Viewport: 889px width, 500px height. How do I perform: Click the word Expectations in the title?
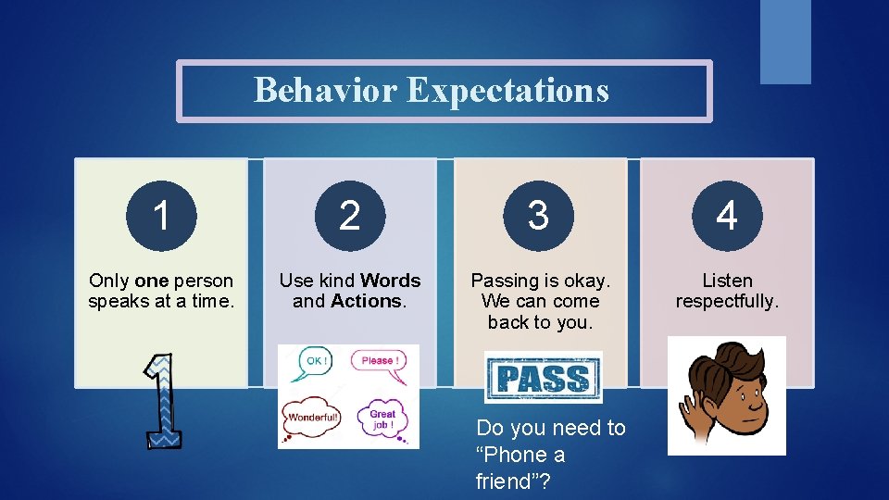click(x=507, y=91)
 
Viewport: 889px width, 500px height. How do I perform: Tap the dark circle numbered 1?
click(x=161, y=216)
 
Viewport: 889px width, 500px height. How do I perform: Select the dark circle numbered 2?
click(x=349, y=216)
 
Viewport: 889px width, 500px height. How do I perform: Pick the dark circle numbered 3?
click(x=538, y=216)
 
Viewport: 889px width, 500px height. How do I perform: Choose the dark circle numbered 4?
click(x=727, y=216)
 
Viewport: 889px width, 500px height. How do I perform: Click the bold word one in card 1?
click(x=152, y=281)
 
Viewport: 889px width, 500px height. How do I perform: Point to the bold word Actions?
click(x=364, y=302)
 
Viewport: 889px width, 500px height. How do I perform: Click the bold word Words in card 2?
click(x=390, y=281)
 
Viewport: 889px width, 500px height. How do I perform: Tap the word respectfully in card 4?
click(x=727, y=302)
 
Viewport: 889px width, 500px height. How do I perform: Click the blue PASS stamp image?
click(x=543, y=378)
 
